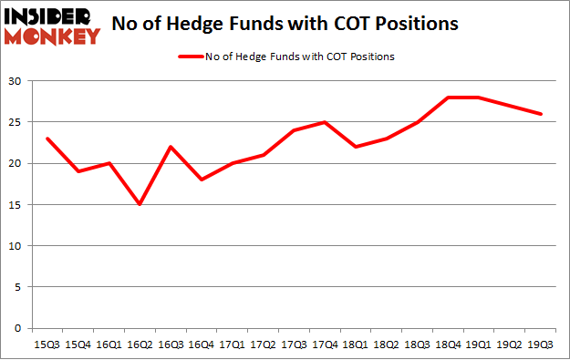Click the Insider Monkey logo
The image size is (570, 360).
pos(52,25)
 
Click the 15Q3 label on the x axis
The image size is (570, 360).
pos(47,345)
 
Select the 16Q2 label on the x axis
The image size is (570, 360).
pos(139,345)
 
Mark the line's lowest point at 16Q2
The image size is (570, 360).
pos(139,205)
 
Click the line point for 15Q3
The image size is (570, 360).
pos(47,139)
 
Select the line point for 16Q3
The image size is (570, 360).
pos(169,147)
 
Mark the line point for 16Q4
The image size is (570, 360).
pos(200,180)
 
